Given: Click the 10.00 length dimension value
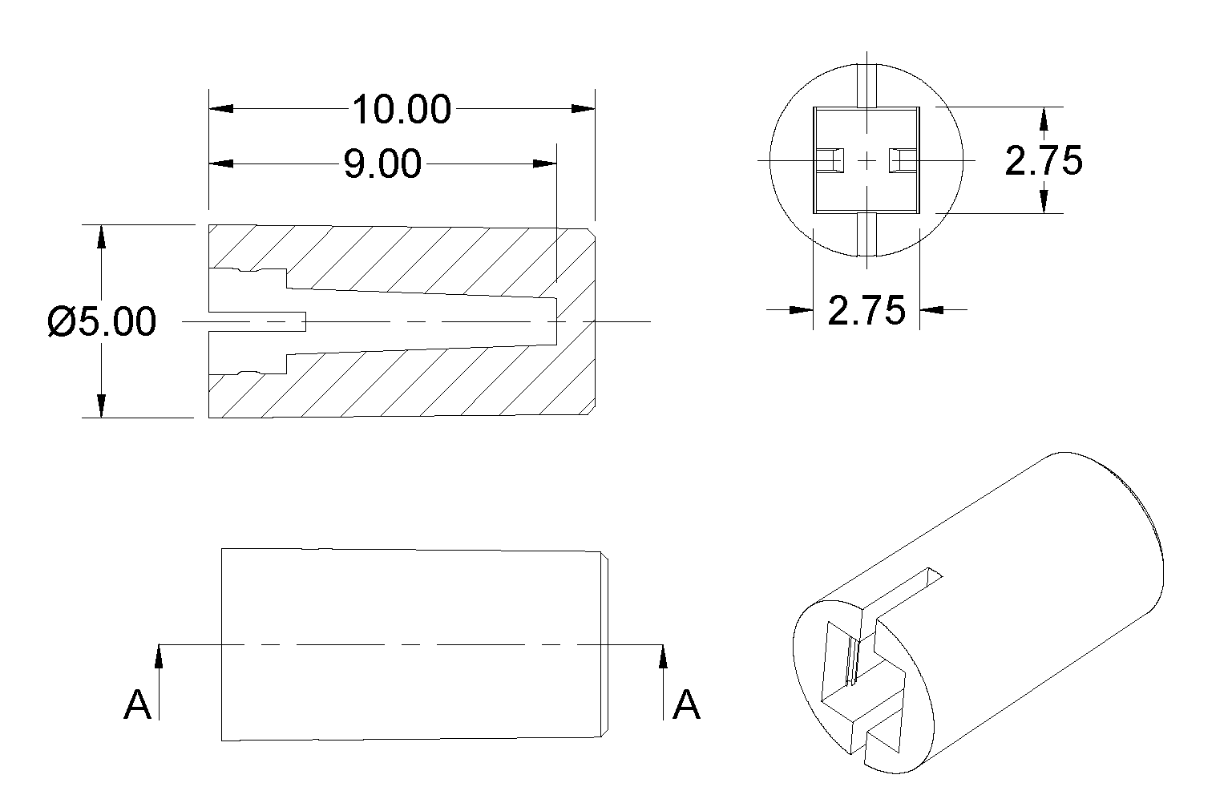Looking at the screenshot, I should click(x=402, y=109).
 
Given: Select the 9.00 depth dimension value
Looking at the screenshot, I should click(x=382, y=164).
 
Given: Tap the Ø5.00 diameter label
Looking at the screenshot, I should click(x=102, y=322).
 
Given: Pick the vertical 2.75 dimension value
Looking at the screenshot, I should click(x=1043, y=161).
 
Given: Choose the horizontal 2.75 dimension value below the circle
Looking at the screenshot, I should click(x=866, y=310).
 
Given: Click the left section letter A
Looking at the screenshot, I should click(x=138, y=705).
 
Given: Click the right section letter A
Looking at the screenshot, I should click(x=686, y=705).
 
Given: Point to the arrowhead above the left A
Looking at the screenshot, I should click(x=159, y=656).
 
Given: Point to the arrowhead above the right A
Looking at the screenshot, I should click(x=663, y=656).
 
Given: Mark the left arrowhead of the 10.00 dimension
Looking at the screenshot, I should click(x=221, y=109).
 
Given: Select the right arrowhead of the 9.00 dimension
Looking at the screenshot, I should click(x=545, y=164).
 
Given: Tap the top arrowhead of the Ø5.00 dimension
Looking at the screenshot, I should click(x=101, y=237).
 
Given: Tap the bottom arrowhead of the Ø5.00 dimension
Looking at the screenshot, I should click(x=101, y=406).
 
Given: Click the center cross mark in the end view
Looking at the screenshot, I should click(x=867, y=161).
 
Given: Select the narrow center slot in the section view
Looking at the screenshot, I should click(x=256, y=321).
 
